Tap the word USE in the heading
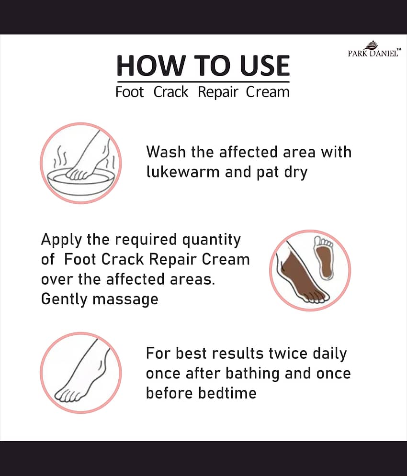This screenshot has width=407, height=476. coord(264,66)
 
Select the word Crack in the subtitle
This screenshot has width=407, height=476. coord(170,92)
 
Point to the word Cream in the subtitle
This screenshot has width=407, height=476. coord(268,92)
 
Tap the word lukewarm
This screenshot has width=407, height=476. coord(183,172)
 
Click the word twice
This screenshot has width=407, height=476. coord(288,354)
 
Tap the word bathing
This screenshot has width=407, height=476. coord(252,374)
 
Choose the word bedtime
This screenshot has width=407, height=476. coord(227,393)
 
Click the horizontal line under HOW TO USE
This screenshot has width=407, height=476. coord(203,82)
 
